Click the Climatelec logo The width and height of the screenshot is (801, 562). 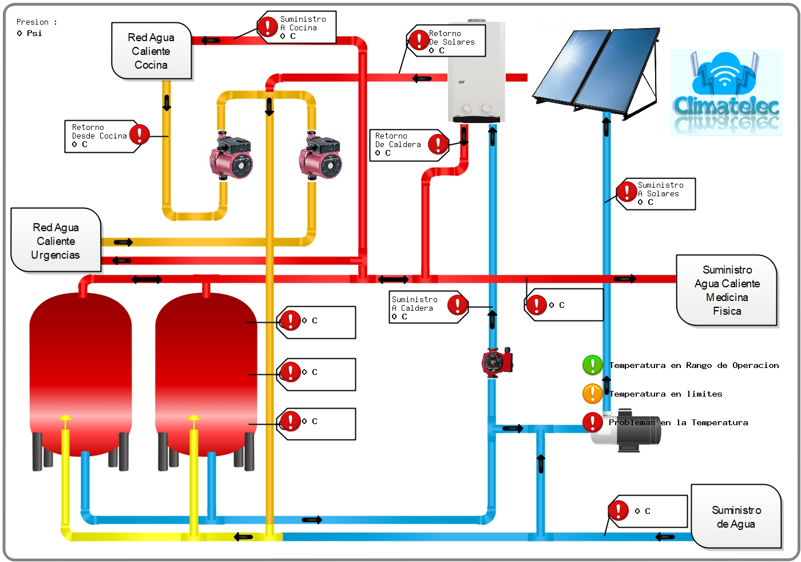tap(726, 93)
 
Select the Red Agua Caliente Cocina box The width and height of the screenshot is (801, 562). tap(151, 51)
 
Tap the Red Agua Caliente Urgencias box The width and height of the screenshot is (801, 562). tap(56, 241)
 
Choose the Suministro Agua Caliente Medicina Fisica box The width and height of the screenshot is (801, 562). tap(727, 290)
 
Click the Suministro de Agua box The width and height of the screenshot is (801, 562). tap(736, 517)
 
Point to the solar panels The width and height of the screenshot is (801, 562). tap(595, 72)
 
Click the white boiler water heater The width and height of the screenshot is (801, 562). tap(476, 72)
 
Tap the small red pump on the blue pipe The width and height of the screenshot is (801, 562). tap(497, 362)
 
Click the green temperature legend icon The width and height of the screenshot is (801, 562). tap(592, 365)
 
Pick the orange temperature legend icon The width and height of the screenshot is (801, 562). tap(592, 394)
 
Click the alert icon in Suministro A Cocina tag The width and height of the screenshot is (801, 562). tap(267, 26)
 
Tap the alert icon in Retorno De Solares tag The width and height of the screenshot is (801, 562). tap(419, 40)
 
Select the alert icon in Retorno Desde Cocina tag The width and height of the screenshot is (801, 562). tap(139, 134)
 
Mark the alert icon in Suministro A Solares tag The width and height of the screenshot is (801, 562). tap(626, 192)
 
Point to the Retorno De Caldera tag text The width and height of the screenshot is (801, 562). tap(398, 144)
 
